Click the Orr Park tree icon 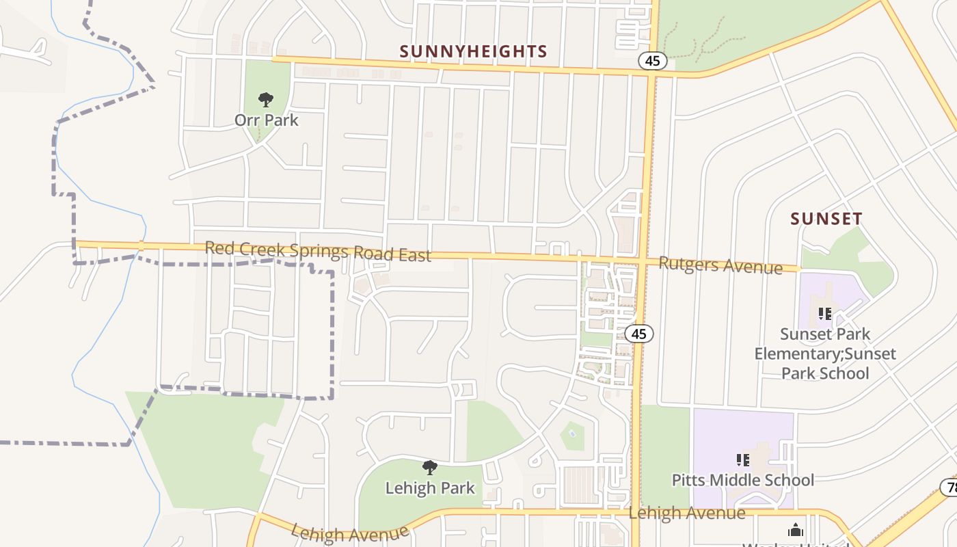[x=266, y=100]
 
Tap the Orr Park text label [x=267, y=120]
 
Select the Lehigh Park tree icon [x=429, y=468]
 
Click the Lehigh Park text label [x=430, y=488]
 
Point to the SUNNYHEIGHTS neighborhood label [x=473, y=51]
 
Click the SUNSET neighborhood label [x=826, y=219]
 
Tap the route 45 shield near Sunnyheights [x=653, y=61]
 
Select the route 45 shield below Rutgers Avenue [x=639, y=334]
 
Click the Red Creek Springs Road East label [x=318, y=251]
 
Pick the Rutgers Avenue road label [x=720, y=265]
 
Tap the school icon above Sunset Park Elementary [x=825, y=314]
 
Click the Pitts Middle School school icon [x=743, y=460]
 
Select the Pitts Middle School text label [x=743, y=480]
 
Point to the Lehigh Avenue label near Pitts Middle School [x=687, y=513]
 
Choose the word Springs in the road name [x=320, y=251]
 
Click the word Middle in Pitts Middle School [x=745, y=480]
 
